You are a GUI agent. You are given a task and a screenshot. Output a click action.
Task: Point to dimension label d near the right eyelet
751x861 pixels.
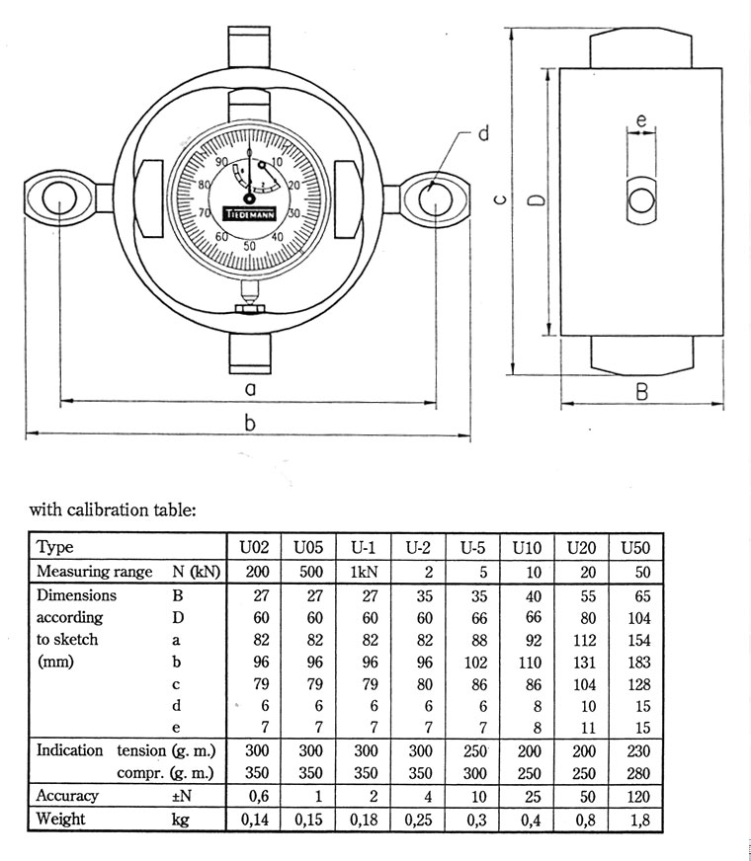tap(484, 133)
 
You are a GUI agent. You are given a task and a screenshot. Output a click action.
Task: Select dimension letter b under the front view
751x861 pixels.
tap(249, 423)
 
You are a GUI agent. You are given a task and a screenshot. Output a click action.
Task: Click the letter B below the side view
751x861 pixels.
tap(641, 392)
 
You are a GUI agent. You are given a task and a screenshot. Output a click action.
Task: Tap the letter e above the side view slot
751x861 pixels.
tap(641, 121)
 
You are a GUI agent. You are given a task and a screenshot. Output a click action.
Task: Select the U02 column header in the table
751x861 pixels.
tap(254, 548)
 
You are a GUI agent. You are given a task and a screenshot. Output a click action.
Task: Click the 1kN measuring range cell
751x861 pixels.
tap(363, 572)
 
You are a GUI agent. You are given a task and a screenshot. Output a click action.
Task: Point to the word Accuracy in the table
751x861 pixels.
tap(68, 796)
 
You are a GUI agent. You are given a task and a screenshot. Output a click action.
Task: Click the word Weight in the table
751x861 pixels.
tap(61, 820)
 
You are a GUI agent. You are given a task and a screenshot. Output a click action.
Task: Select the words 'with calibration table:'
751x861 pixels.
tap(113, 510)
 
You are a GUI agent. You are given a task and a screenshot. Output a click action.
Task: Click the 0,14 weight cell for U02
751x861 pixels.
tap(254, 820)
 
